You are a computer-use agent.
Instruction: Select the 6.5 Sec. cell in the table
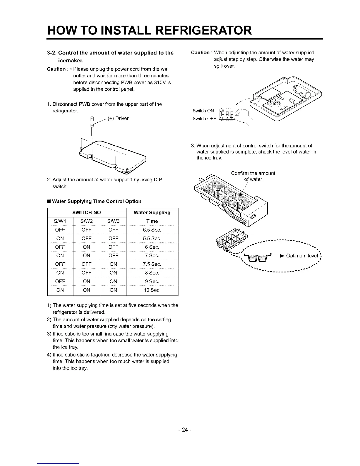click(152, 230)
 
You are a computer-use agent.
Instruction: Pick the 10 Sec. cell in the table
click(152, 290)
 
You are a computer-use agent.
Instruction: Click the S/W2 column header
click(86, 221)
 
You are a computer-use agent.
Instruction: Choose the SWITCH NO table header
click(86, 212)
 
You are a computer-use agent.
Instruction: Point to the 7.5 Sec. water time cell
click(152, 264)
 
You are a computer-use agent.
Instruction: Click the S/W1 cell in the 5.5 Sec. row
click(60, 238)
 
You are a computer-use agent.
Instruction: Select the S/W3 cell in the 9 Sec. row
click(113, 282)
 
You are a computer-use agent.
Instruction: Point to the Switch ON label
click(203, 111)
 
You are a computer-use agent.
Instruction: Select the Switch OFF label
click(204, 119)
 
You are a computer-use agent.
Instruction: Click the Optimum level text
click(302, 256)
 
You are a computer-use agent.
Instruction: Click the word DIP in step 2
click(158, 180)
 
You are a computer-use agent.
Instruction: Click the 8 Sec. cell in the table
click(152, 273)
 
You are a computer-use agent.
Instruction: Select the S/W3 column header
click(113, 221)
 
